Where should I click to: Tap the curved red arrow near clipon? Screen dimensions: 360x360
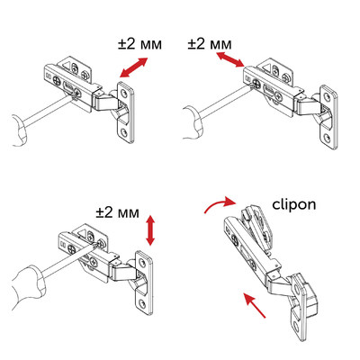tap(216, 206)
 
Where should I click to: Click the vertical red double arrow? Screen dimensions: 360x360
tap(150, 230)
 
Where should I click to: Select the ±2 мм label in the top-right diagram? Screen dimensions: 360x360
tap(209, 42)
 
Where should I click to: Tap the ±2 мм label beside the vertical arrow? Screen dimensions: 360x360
tap(117, 213)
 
